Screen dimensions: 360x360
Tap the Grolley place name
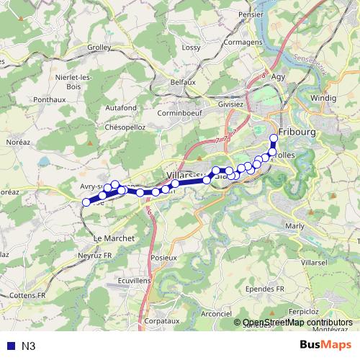[98, 48]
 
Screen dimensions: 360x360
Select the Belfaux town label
[184, 83]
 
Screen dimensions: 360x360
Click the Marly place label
[295, 225]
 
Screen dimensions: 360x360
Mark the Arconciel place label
[216, 313]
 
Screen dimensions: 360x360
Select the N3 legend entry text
[29, 346]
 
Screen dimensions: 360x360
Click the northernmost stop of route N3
[274, 138]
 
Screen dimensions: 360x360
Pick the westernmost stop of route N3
[86, 202]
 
